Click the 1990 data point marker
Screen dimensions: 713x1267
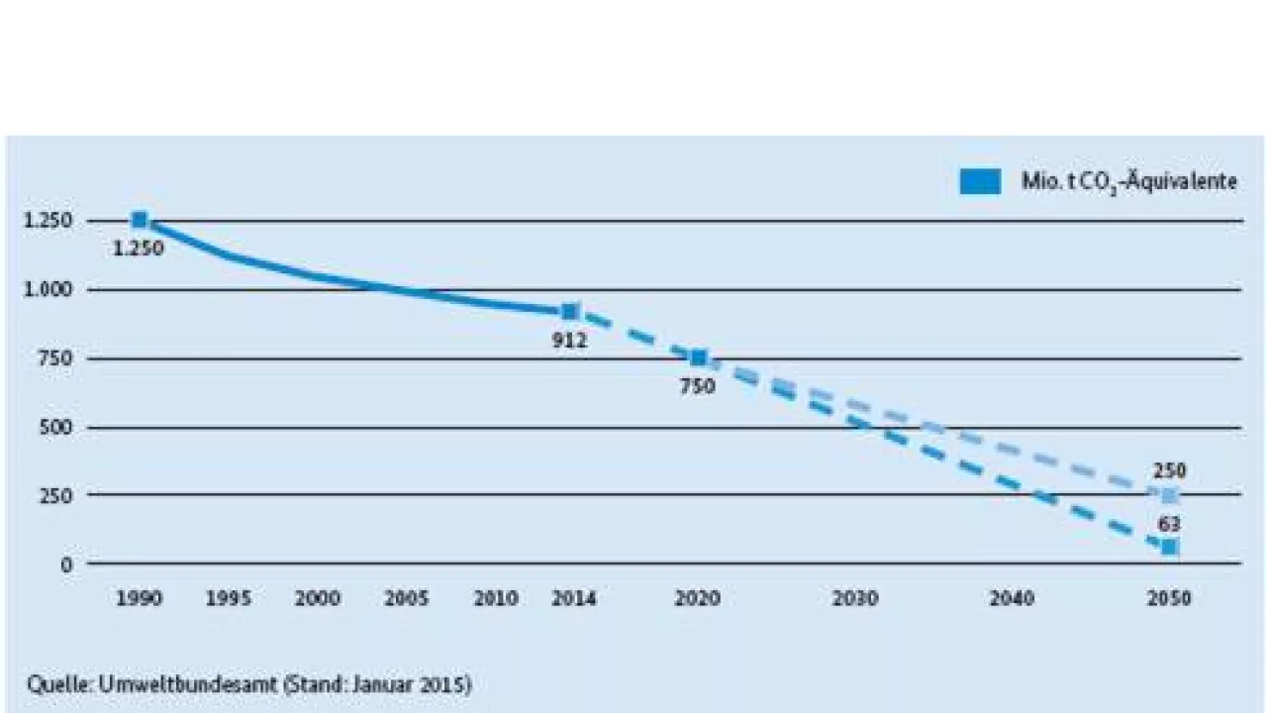coord(140,220)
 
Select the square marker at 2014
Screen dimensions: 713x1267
coord(570,312)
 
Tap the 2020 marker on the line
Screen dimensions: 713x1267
coord(698,357)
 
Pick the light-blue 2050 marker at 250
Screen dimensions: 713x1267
coord(1170,495)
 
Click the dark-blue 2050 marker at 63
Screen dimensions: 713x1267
coord(1170,547)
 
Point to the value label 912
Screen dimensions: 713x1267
coord(570,341)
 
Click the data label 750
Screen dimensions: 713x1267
coord(697,386)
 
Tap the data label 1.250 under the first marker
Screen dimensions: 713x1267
coord(139,249)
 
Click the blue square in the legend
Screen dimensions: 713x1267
coord(980,182)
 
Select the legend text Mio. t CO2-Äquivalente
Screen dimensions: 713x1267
coord(1129,182)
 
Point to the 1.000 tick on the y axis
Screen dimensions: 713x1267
coord(50,290)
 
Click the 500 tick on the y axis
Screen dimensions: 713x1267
coord(58,428)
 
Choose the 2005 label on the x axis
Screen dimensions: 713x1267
coord(407,599)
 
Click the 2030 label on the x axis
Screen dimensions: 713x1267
coord(855,599)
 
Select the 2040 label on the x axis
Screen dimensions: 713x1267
coord(1012,599)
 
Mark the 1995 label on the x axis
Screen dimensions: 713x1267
coord(229,599)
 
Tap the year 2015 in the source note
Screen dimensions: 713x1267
coord(448,684)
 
